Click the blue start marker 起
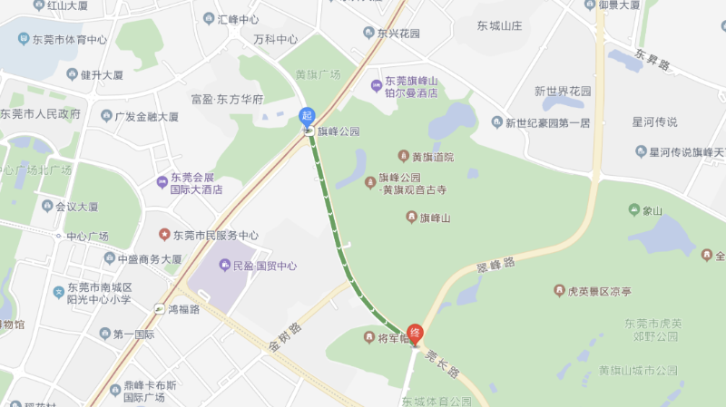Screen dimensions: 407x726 [x=307, y=116]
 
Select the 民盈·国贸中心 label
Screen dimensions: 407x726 [x=264, y=266]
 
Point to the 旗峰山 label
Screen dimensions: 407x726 [x=435, y=218]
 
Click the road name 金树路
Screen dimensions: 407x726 [x=284, y=338]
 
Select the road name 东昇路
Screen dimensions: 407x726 [x=652, y=60]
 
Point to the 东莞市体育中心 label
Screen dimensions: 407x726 [x=69, y=40]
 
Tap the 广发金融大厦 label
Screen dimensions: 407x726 [x=146, y=116]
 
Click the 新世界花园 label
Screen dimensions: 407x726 [x=563, y=91]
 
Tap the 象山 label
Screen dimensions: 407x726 [x=652, y=211]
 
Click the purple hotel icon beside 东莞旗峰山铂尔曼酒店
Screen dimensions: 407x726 [x=376, y=86]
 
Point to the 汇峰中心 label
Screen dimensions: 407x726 [x=238, y=19]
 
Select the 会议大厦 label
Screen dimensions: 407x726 [x=76, y=206]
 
